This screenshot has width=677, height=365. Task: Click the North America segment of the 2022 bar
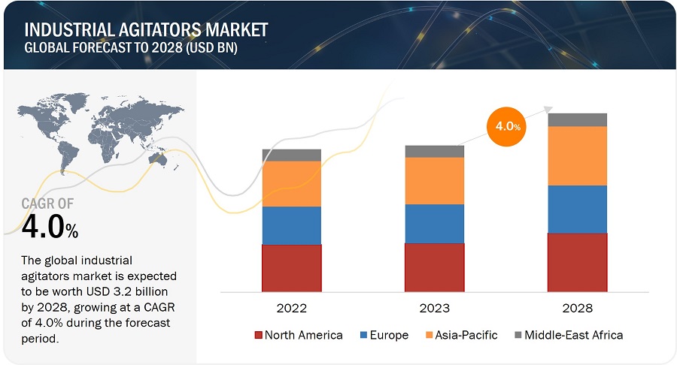tap(292, 267)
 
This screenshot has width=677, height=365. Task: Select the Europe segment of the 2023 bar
tap(434, 223)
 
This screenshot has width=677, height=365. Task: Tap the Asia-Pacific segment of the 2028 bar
tap(577, 155)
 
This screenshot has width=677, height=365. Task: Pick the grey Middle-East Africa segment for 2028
tap(577, 119)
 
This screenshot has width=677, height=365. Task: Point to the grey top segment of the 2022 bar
tap(292, 155)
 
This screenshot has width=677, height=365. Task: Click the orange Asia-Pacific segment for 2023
tap(434, 180)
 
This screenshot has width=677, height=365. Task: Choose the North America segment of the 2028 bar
tap(577, 262)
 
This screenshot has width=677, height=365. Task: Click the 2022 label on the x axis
tap(292, 308)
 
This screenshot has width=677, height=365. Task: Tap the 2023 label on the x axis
tap(434, 308)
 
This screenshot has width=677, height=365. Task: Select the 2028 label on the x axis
tap(577, 308)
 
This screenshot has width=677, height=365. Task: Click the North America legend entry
tap(299, 335)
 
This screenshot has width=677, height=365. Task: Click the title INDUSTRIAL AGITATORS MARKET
tap(146, 31)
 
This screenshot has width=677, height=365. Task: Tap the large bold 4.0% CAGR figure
tap(50, 228)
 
